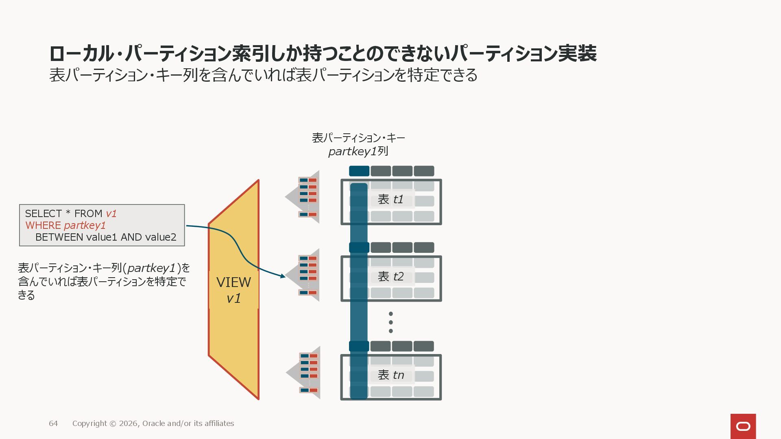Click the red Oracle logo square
pyautogui.click(x=743, y=426)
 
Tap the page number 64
pyautogui.click(x=53, y=424)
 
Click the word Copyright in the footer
pyautogui.click(x=89, y=424)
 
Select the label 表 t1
pyautogui.click(x=390, y=199)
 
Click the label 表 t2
pyautogui.click(x=390, y=276)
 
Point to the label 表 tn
pyautogui.click(x=390, y=375)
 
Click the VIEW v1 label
pyautogui.click(x=233, y=290)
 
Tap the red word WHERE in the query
pyautogui.click(x=43, y=225)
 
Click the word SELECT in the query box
pyautogui.click(x=43, y=213)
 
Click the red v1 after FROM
pyautogui.click(x=111, y=213)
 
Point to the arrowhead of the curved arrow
pyautogui.click(x=283, y=276)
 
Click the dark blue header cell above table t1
pyautogui.click(x=359, y=171)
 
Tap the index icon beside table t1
pyautogui.click(x=308, y=197)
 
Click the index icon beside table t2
pyautogui.click(x=308, y=275)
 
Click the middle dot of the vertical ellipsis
pyautogui.click(x=391, y=322)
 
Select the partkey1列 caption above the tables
pyautogui.click(x=358, y=151)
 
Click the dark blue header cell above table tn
pyautogui.click(x=359, y=346)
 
